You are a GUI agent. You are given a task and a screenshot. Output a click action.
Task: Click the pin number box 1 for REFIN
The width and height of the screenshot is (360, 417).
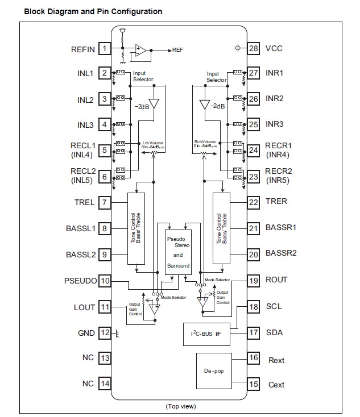tap(105, 49)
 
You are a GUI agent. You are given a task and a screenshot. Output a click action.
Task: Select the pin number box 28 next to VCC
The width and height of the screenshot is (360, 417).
tap(253, 48)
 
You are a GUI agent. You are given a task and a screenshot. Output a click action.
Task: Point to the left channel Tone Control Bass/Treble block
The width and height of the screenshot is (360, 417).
tap(136, 228)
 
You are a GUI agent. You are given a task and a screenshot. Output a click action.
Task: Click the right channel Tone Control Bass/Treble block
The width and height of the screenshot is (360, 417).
tap(221, 228)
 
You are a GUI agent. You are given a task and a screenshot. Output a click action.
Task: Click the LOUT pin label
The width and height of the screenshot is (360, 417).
tap(84, 307)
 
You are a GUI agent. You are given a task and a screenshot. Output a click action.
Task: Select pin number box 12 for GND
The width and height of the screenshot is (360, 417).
tap(105, 333)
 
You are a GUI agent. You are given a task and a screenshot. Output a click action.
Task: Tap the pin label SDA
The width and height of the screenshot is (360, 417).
tap(275, 333)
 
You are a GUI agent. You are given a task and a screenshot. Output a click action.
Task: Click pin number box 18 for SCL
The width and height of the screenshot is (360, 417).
tap(253, 307)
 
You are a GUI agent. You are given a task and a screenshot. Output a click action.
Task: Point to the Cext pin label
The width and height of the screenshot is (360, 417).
tap(276, 385)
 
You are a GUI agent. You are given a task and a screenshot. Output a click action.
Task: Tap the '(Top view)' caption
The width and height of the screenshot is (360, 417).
tap(181, 407)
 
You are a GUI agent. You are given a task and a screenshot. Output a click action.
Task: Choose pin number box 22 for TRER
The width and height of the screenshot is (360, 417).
tap(253, 202)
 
